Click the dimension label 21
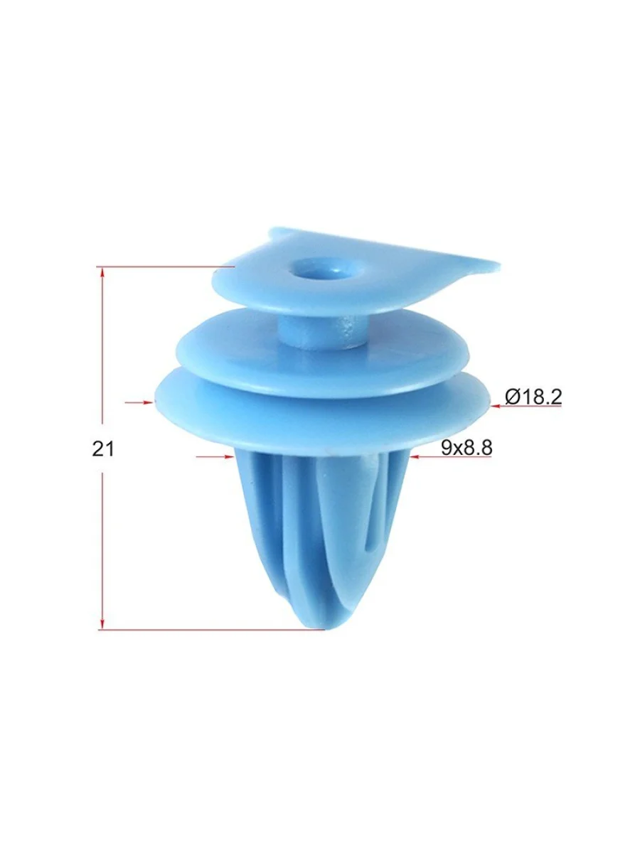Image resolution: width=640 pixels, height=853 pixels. click(103, 449)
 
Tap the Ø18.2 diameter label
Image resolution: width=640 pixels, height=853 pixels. click(533, 397)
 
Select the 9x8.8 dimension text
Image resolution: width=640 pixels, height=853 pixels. click(466, 448)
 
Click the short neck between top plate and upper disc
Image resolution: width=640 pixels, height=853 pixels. click(324, 331)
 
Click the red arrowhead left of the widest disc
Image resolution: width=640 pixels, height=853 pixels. click(148, 402)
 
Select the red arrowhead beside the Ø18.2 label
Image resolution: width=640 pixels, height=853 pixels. click(496, 406)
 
